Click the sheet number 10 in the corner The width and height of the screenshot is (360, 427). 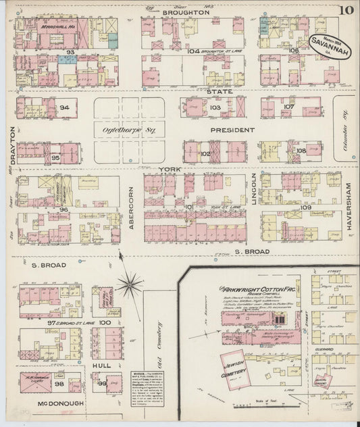[x=346, y=9]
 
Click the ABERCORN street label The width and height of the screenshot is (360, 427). [x=132, y=205]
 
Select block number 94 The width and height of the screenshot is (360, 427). [x=65, y=107]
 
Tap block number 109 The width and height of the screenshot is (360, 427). [x=305, y=207]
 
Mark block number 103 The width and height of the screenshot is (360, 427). [x=215, y=107]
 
